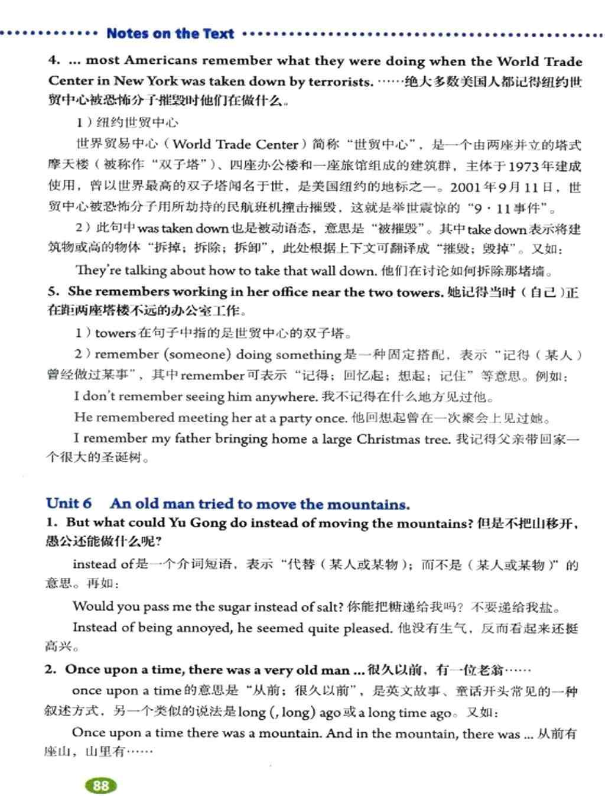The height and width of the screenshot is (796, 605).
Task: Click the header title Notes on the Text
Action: pyautogui.click(x=170, y=34)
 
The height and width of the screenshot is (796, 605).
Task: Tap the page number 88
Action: pyautogui.click(x=101, y=785)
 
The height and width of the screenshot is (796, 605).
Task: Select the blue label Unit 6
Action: pyautogui.click(x=69, y=503)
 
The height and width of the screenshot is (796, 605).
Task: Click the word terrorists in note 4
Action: pyautogui.click(x=340, y=82)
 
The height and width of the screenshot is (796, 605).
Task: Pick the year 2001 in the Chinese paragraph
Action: pyautogui.click(x=466, y=188)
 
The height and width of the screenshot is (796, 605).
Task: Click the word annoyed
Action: pyautogui.click(x=200, y=628)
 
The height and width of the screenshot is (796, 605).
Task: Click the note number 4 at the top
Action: pyautogui.click(x=53, y=61)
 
